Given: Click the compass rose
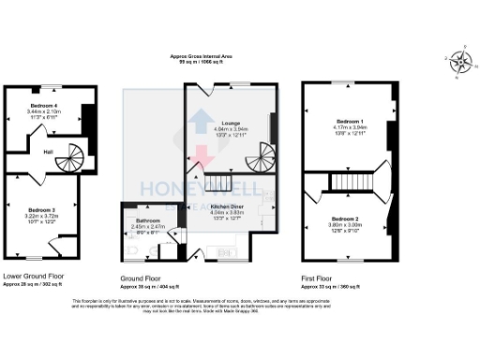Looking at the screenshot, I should click(x=460, y=62).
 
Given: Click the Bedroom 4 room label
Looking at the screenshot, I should click(x=43, y=105).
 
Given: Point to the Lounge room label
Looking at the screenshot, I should click(x=231, y=124).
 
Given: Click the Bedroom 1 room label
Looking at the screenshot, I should click(x=349, y=122).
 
